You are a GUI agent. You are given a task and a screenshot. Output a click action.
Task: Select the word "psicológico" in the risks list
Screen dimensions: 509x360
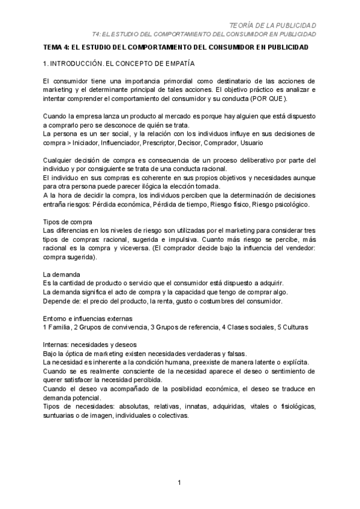[x=289, y=204]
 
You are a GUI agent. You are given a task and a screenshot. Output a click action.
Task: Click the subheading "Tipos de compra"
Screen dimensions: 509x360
[x=68, y=221]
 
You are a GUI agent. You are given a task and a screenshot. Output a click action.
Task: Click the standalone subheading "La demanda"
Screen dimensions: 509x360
[x=61, y=274]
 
